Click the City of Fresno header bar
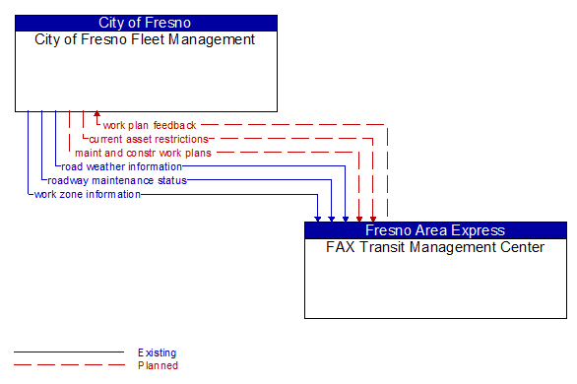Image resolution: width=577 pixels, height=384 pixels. (x=146, y=23)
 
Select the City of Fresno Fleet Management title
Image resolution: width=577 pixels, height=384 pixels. (x=146, y=40)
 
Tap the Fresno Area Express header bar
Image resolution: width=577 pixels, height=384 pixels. (x=435, y=230)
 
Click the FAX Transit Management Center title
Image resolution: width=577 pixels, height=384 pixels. (x=435, y=248)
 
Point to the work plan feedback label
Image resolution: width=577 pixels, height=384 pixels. (x=150, y=126)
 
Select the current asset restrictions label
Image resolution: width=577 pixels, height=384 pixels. (x=149, y=140)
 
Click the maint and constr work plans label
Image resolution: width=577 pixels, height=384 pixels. (x=143, y=154)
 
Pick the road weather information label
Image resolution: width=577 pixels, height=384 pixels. (x=121, y=167)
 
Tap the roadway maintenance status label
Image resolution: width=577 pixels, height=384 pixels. (x=117, y=181)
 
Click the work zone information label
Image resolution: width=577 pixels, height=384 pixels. (x=88, y=195)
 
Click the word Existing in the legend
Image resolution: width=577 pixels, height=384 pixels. (x=158, y=352)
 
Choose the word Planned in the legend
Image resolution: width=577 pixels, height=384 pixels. (x=158, y=366)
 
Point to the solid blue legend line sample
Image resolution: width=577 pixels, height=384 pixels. (x=69, y=352)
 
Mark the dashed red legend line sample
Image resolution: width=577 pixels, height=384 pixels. (x=69, y=366)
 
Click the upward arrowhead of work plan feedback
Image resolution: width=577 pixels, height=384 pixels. (x=96, y=116)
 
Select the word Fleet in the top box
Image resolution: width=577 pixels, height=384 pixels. (x=132, y=40)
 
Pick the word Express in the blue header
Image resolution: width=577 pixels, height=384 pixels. (x=478, y=230)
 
